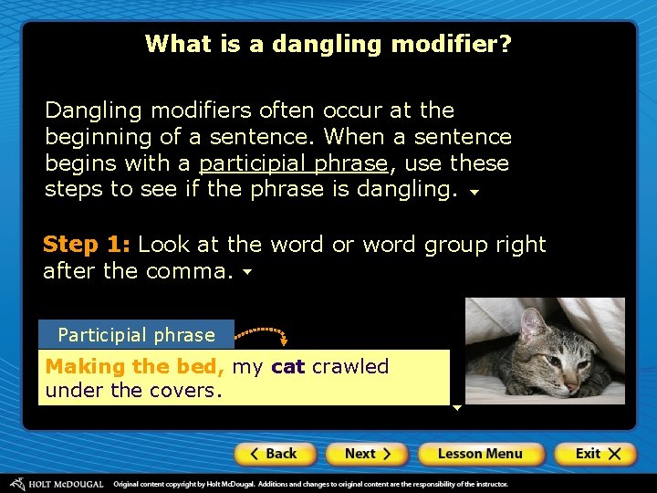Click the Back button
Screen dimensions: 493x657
[276, 454]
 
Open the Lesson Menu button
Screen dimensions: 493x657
[480, 454]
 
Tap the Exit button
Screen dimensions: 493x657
[598, 454]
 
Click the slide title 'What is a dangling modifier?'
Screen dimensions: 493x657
[328, 44]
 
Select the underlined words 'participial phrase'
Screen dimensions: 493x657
[293, 163]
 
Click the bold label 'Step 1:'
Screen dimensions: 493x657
[87, 245]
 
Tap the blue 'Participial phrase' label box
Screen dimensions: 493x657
[136, 334]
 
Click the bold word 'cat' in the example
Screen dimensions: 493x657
[287, 367]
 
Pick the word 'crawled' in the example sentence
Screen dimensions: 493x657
[350, 367]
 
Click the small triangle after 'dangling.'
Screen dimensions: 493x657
[474, 193]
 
